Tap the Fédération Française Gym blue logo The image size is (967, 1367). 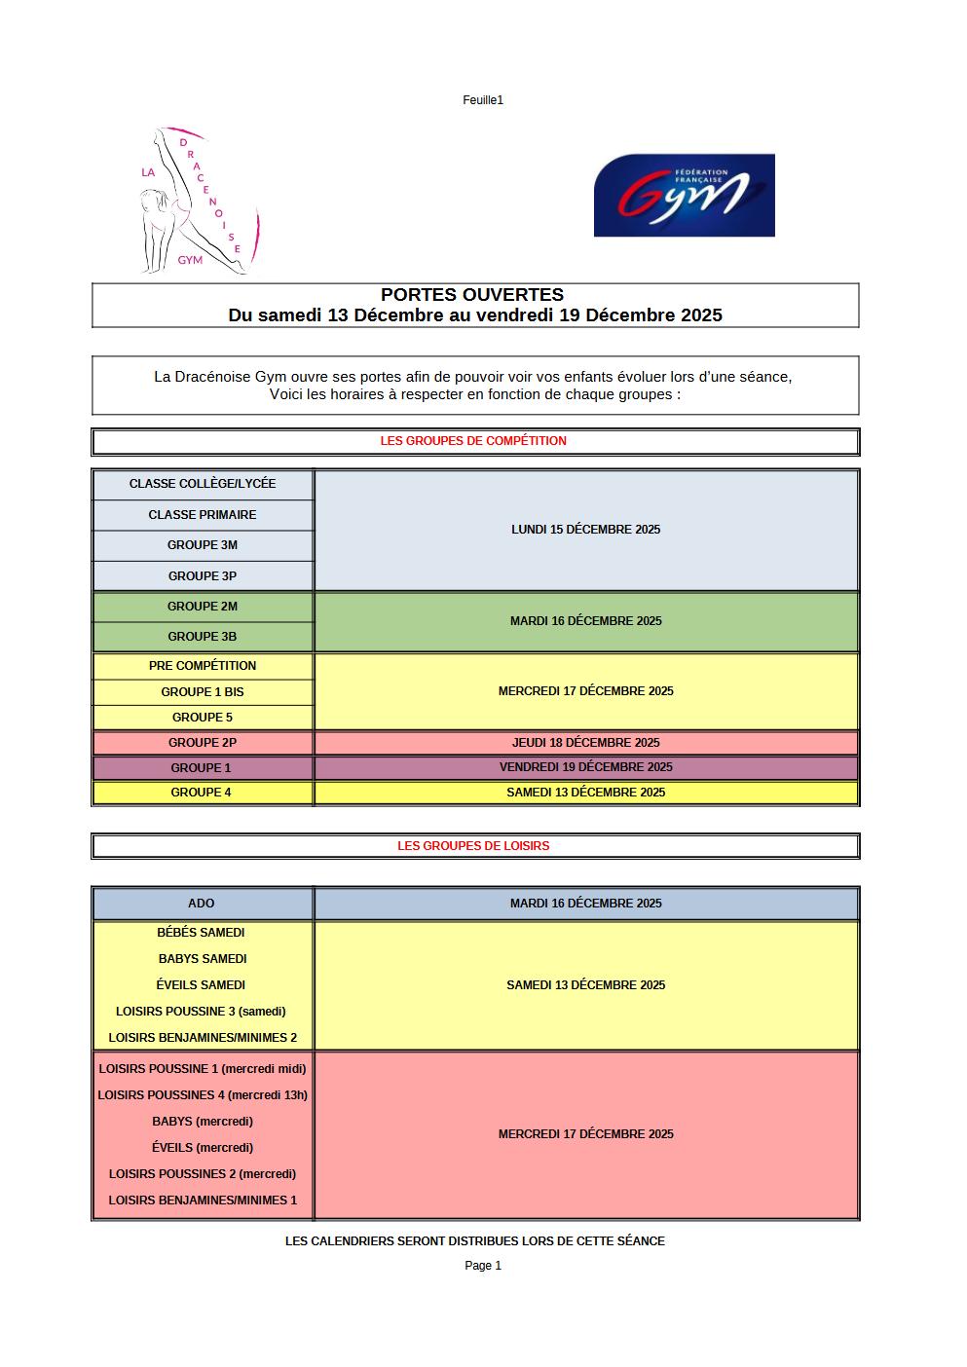click(x=684, y=195)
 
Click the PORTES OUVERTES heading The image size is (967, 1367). click(x=472, y=294)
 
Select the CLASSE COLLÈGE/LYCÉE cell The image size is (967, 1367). click(x=203, y=484)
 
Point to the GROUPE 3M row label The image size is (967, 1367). click(x=203, y=545)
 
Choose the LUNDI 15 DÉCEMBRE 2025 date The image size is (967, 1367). click(x=585, y=530)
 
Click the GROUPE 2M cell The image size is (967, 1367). click(x=203, y=607)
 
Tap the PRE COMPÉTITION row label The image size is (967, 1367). click(x=203, y=666)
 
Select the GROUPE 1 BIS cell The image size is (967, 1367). click(x=203, y=692)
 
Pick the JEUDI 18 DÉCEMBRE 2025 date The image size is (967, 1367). click(x=585, y=743)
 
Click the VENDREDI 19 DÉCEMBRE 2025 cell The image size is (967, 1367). click(x=585, y=767)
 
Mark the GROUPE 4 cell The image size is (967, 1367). click(x=202, y=793)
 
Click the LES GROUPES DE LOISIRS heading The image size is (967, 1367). click(x=473, y=846)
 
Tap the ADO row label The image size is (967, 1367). click(x=202, y=904)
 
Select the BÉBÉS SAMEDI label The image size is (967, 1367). click(x=202, y=933)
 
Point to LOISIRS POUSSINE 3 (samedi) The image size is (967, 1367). click(x=202, y=1012)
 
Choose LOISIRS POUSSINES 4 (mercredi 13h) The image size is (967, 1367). click(x=203, y=1095)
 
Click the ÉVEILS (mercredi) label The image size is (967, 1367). click(x=203, y=1148)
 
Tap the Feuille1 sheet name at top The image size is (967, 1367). click(x=483, y=100)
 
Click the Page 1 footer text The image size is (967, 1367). click(x=483, y=1266)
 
